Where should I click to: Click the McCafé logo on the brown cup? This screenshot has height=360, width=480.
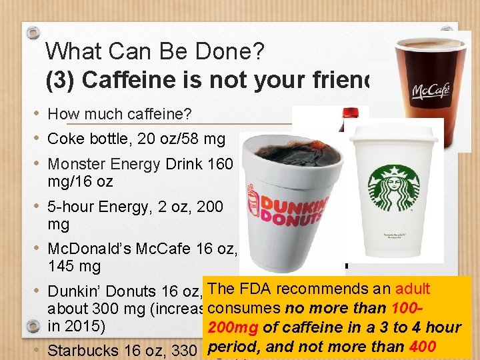tap(431, 90)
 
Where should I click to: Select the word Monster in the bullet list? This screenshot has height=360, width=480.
tap(77, 164)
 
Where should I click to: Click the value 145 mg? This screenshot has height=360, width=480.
tap(74, 267)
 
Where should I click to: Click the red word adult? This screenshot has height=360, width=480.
tap(413, 289)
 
